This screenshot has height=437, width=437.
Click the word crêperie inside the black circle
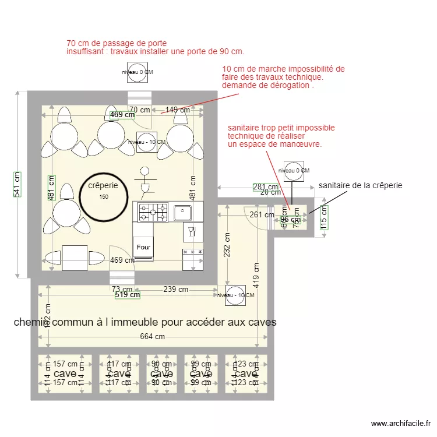coord(103,186)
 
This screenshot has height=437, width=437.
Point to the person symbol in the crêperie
coord(145,181)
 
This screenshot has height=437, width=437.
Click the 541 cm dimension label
coord(17,184)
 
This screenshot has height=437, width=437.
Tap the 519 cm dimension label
coord(127,295)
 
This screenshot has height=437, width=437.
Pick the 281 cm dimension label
coord(265,187)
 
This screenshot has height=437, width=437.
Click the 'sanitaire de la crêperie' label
coord(360,185)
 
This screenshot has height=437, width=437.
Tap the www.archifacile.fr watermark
coord(400,424)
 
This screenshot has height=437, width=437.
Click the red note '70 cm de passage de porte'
coord(117,43)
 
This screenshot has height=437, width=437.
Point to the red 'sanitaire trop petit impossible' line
coord(281,128)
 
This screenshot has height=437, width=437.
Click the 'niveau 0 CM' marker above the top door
coord(138,72)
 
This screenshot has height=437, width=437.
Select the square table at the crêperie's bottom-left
coord(75,257)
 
